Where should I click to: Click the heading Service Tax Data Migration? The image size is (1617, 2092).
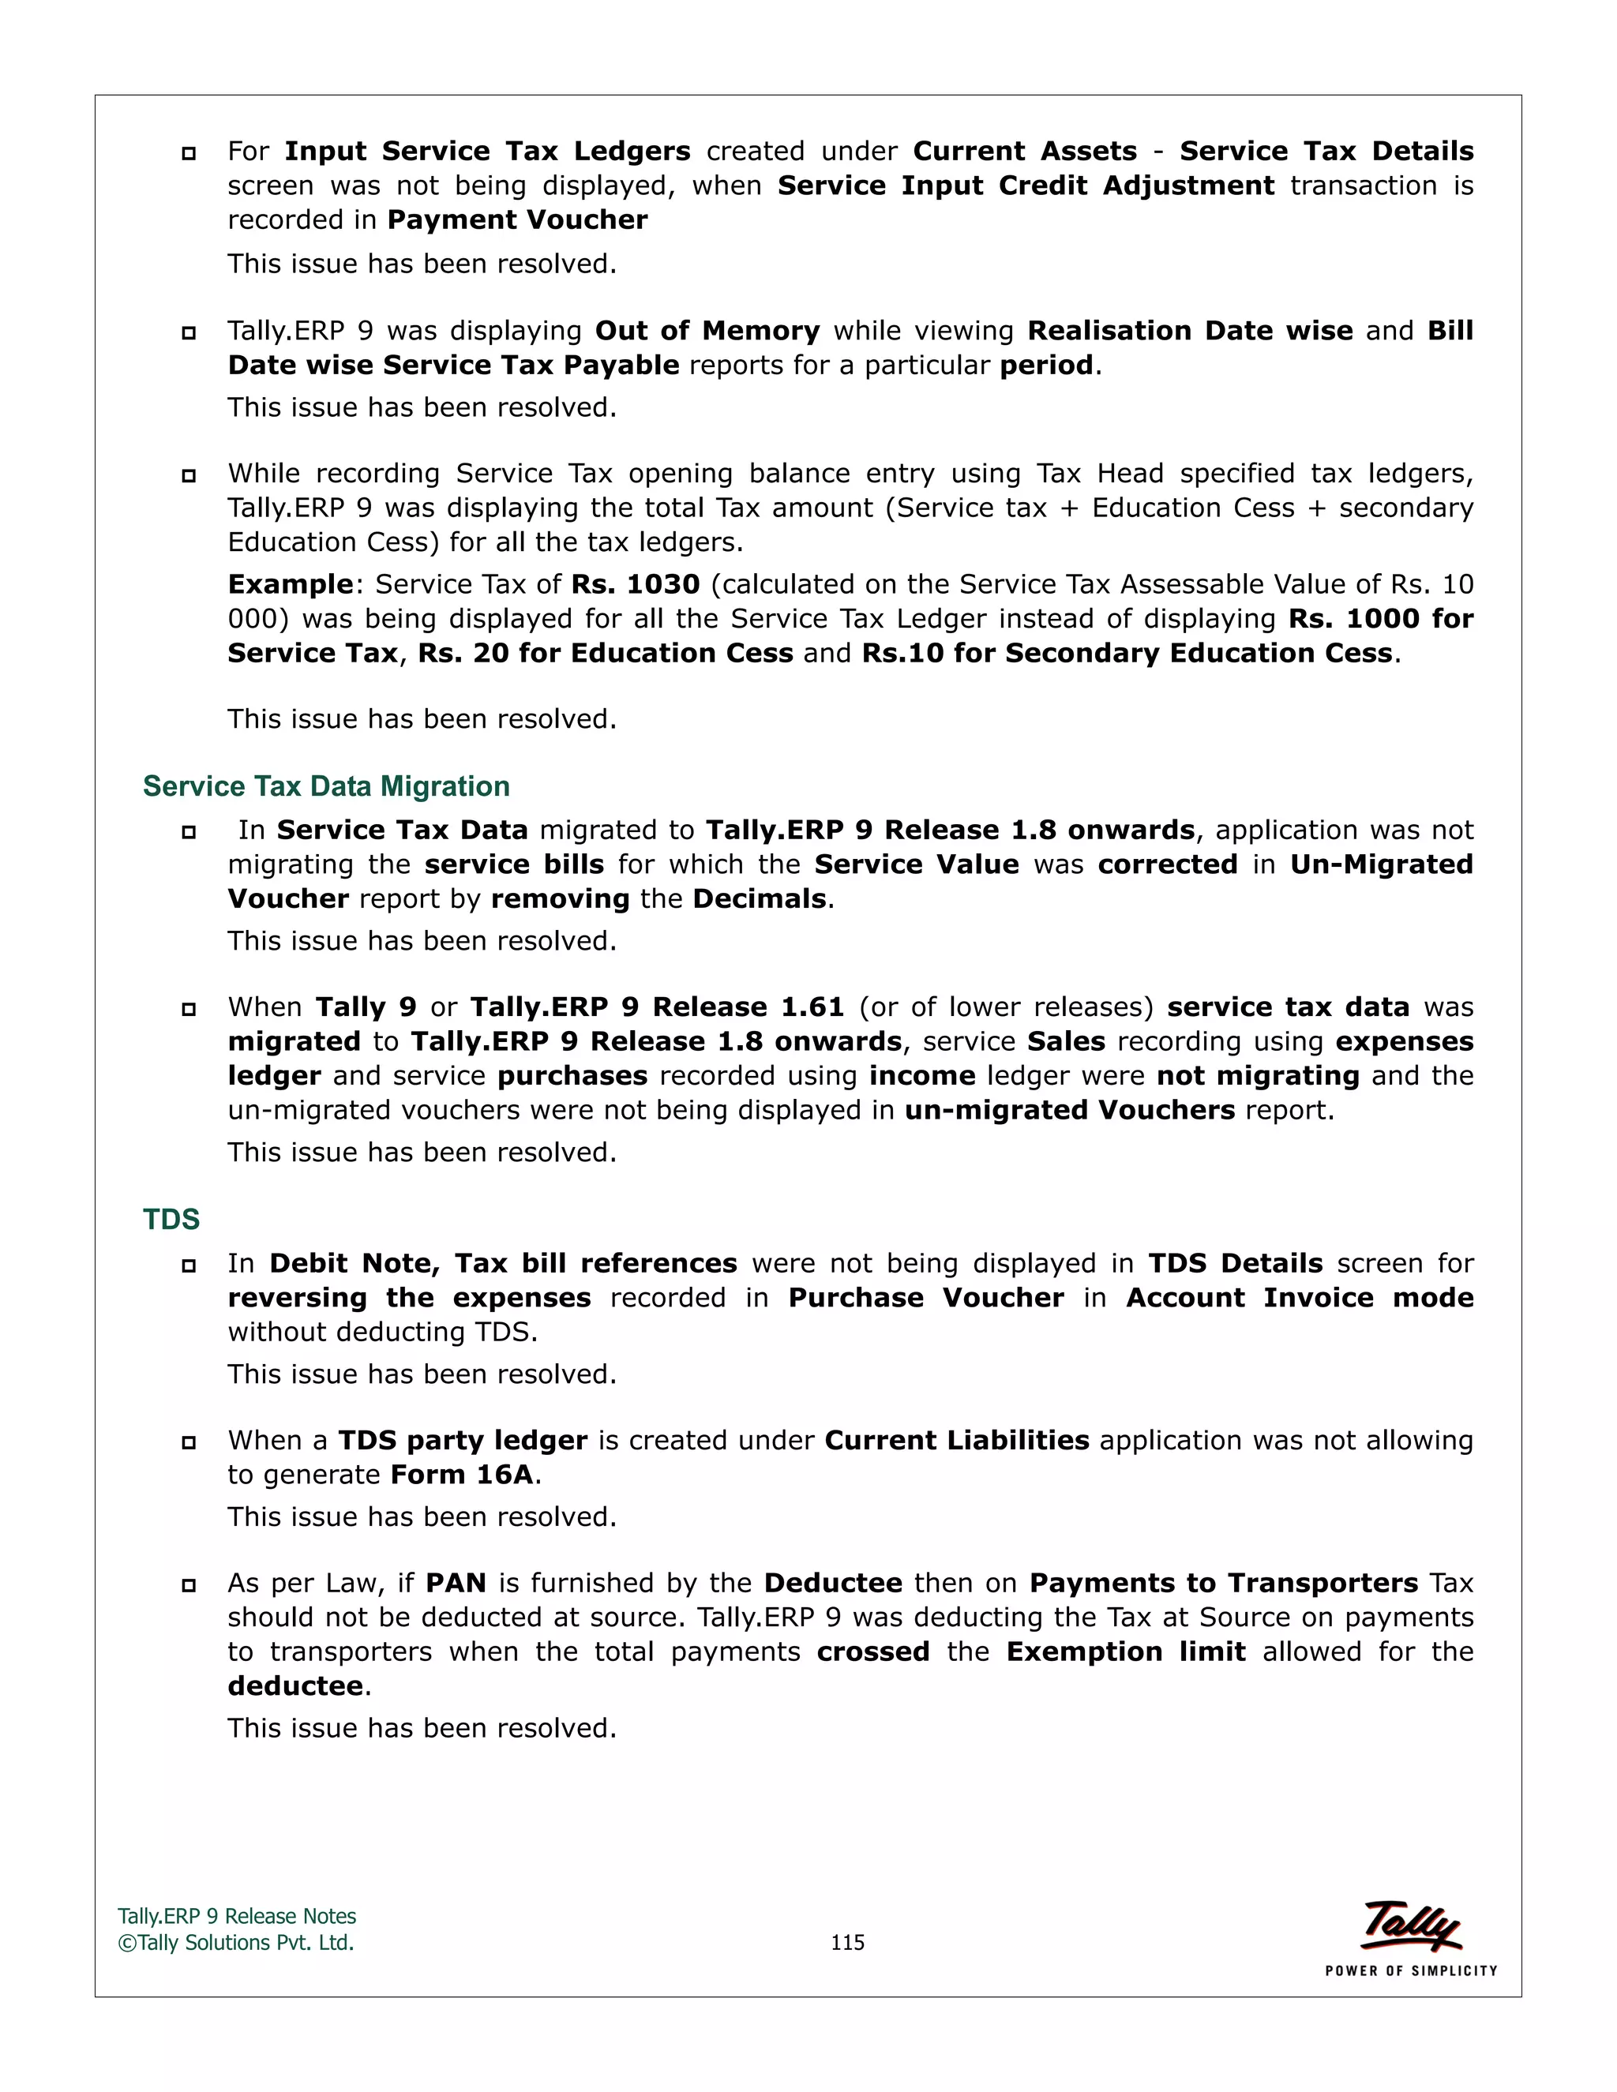pyautogui.click(x=326, y=786)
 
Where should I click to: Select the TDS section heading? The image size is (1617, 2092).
pyautogui.click(x=171, y=1220)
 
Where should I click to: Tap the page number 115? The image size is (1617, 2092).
pyautogui.click(x=847, y=1942)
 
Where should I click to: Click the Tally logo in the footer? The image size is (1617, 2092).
pyautogui.click(x=1411, y=1925)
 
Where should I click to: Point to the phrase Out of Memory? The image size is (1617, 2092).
pyautogui.click(x=707, y=331)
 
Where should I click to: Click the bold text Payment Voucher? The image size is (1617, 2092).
pyautogui.click(x=517, y=219)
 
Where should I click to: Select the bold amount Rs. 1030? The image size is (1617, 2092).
pyautogui.click(x=635, y=584)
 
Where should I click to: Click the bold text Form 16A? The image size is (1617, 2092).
pyautogui.click(x=462, y=1474)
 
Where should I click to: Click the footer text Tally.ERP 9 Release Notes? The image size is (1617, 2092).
pyautogui.click(x=237, y=1916)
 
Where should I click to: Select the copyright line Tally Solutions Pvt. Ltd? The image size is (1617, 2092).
pyautogui.click(x=237, y=1943)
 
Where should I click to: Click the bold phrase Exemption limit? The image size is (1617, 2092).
pyautogui.click(x=1126, y=1651)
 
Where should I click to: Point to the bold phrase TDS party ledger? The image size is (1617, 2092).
pyautogui.click(x=463, y=1440)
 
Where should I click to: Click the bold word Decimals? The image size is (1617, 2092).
pyautogui.click(x=759, y=898)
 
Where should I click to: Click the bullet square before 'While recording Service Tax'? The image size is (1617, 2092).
pyautogui.click(x=189, y=475)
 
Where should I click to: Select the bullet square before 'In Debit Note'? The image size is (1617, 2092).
pyautogui.click(x=189, y=1265)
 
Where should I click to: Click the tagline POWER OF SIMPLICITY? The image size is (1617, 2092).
pyautogui.click(x=1410, y=1970)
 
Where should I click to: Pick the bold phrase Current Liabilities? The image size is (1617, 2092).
pyautogui.click(x=956, y=1440)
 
